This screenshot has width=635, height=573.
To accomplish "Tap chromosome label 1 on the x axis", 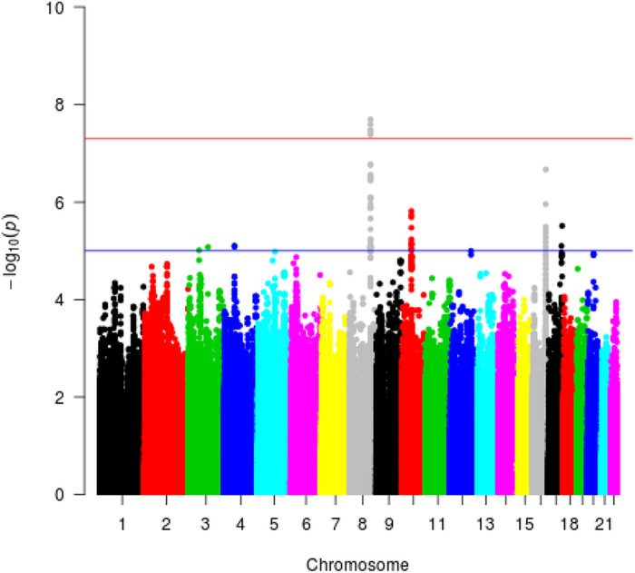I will point(122,525).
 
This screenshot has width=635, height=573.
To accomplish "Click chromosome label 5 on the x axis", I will point(272,525).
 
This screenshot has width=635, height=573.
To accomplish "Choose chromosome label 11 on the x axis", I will point(437,525).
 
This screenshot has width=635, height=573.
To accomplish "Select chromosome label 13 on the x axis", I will point(484,525).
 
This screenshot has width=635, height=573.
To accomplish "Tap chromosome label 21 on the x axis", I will point(601,525).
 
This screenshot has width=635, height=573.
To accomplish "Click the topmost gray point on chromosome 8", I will point(370,119).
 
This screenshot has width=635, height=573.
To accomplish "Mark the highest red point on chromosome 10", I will point(411,212).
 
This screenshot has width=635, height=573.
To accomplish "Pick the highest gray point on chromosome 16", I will point(545,170).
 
